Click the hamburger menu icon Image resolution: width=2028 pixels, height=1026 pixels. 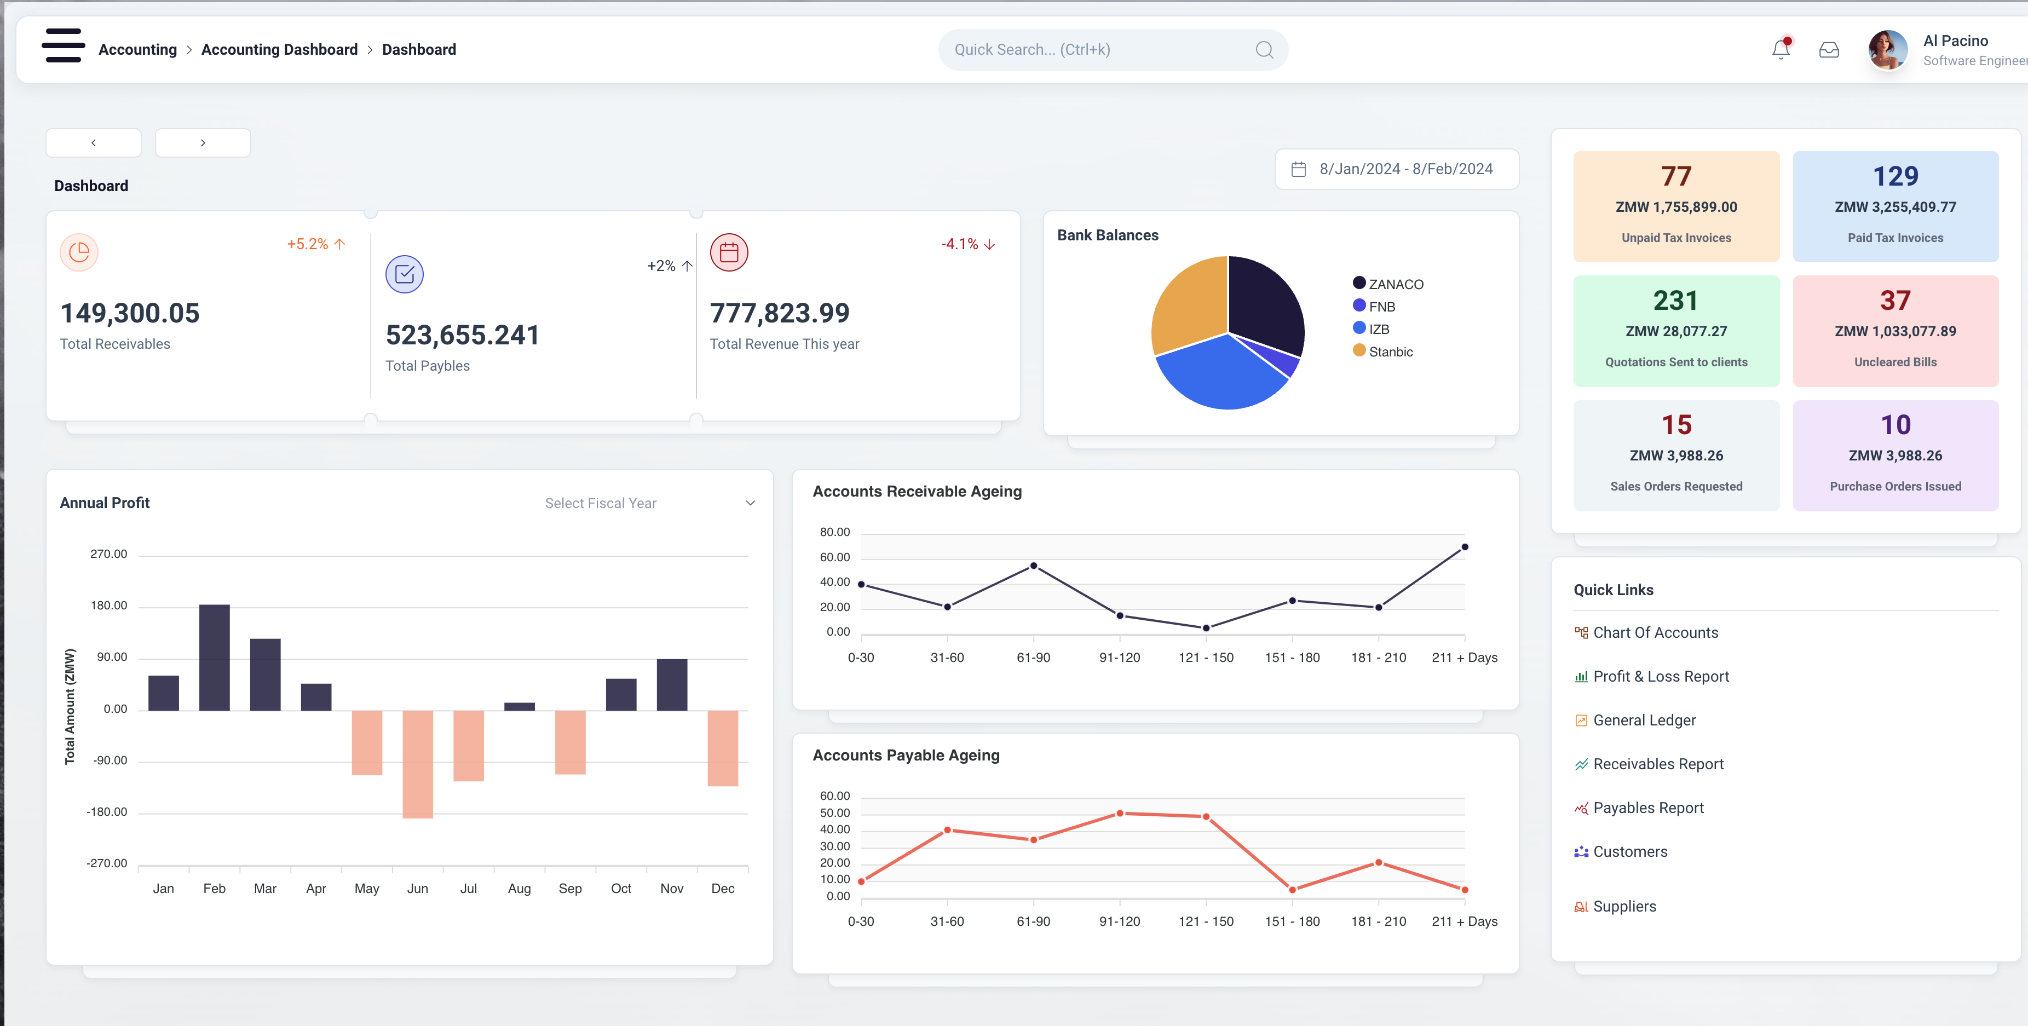pyautogui.click(x=63, y=45)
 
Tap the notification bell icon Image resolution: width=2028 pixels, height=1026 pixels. pyautogui.click(x=1781, y=50)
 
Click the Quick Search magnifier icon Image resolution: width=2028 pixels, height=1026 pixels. pyautogui.click(x=1264, y=50)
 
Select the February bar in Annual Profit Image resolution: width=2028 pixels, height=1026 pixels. pyautogui.click(x=214, y=658)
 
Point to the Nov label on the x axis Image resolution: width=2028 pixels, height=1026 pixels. pyautogui.click(x=672, y=888)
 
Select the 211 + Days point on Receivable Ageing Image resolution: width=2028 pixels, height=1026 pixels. pyautogui.click(x=1464, y=546)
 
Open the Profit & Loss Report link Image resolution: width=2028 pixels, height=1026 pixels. pyautogui.click(x=1661, y=676)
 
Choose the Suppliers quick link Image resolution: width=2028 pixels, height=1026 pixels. pyautogui.click(x=1624, y=906)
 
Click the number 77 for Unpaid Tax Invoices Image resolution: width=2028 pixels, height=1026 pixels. pyautogui.click(x=1676, y=176)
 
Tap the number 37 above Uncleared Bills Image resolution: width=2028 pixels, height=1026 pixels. pyautogui.click(x=1895, y=300)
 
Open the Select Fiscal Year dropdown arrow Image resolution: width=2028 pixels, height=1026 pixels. pyautogui.click(x=750, y=503)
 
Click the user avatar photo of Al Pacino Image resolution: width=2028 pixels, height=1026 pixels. pyautogui.click(x=1887, y=50)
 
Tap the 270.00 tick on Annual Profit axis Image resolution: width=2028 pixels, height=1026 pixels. pyautogui.click(x=108, y=555)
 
